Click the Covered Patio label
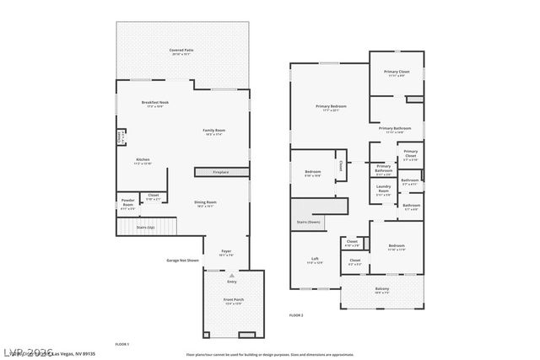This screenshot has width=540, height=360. point(182,51)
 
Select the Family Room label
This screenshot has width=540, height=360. point(213,132)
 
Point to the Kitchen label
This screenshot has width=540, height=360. point(143,160)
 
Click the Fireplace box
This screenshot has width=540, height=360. point(220,172)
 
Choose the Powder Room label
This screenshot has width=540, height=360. point(128,203)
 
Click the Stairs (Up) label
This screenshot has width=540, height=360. point(146,227)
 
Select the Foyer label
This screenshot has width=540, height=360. point(226,251)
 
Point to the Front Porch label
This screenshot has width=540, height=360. point(233,302)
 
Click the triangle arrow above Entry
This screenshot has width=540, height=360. point(232,275)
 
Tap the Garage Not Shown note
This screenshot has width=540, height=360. point(182,261)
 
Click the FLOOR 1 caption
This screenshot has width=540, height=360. point(121,344)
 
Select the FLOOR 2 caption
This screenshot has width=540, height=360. point(295,314)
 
